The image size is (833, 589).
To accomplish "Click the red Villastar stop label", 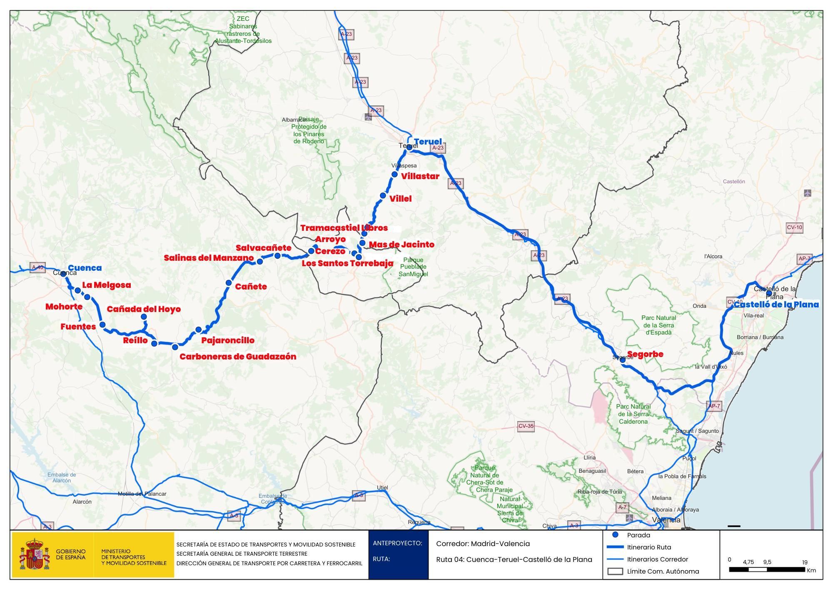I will click(x=420, y=176).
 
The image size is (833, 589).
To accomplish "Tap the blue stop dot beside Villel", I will click(x=383, y=195).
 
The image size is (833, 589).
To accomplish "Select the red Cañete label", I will click(x=251, y=287).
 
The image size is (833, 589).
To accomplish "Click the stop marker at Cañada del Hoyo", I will click(x=144, y=317).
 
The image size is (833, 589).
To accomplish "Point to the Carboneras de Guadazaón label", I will click(x=238, y=357).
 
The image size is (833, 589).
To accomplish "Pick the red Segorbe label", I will click(x=645, y=354).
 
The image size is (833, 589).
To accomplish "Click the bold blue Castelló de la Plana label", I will click(x=776, y=304).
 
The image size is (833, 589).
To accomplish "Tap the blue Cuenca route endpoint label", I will click(x=85, y=268).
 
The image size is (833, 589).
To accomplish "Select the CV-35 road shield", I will click(x=526, y=426).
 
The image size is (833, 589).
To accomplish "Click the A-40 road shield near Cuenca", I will click(x=37, y=267).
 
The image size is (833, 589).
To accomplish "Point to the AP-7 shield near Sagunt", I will click(x=713, y=406).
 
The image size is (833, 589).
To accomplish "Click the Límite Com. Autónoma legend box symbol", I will click(x=615, y=571).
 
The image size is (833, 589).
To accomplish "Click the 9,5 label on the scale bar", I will click(x=767, y=562).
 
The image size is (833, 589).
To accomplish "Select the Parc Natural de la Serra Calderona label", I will click(x=633, y=414).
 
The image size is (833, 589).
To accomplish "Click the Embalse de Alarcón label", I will click(x=62, y=477).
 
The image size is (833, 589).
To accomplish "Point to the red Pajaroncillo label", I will click(x=227, y=340).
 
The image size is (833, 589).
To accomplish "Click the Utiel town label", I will click(x=382, y=487).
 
